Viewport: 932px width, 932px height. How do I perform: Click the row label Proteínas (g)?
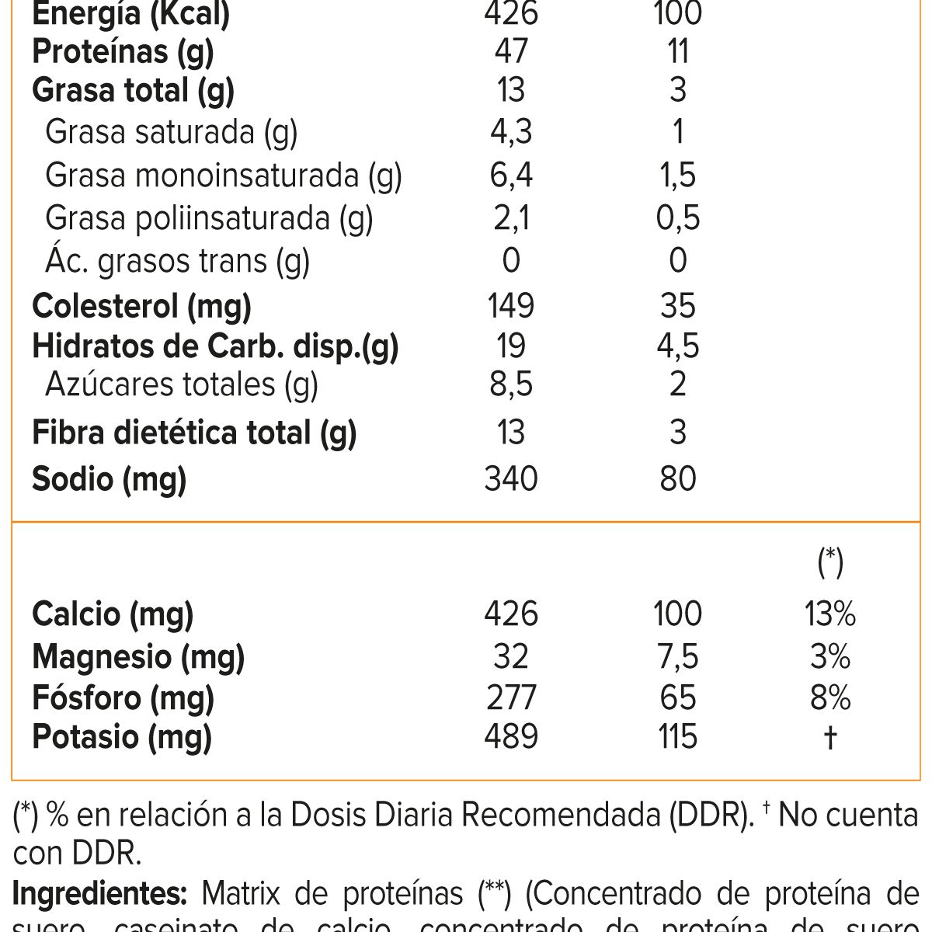(x=123, y=51)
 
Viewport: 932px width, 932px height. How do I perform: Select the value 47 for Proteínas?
(x=510, y=51)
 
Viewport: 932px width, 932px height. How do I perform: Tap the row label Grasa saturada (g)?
(x=171, y=132)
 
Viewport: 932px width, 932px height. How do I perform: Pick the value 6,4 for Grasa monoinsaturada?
(x=510, y=175)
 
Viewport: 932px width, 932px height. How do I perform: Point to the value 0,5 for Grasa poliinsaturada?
(x=677, y=217)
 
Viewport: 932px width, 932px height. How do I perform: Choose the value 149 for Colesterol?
(x=510, y=305)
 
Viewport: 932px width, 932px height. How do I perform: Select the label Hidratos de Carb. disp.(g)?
(x=215, y=346)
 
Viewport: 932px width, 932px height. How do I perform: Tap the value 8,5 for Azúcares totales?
(x=510, y=384)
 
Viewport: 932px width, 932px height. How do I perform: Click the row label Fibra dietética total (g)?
(x=194, y=432)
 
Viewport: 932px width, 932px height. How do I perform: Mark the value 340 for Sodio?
(x=510, y=478)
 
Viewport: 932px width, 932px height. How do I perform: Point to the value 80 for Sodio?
(x=677, y=478)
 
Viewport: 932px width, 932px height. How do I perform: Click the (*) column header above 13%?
(x=830, y=561)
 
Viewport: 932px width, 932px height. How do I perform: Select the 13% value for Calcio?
(x=830, y=614)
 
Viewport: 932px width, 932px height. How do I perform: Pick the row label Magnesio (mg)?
(x=138, y=657)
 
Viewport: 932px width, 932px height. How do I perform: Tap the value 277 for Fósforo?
(x=510, y=697)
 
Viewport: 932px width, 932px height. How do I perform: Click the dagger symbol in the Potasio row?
(x=830, y=736)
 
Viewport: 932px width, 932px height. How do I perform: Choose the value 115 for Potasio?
(x=677, y=736)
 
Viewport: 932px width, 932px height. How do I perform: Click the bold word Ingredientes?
(x=99, y=894)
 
